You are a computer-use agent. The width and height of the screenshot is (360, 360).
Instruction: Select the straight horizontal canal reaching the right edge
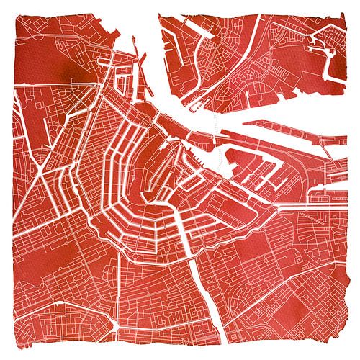pos(317,204)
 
